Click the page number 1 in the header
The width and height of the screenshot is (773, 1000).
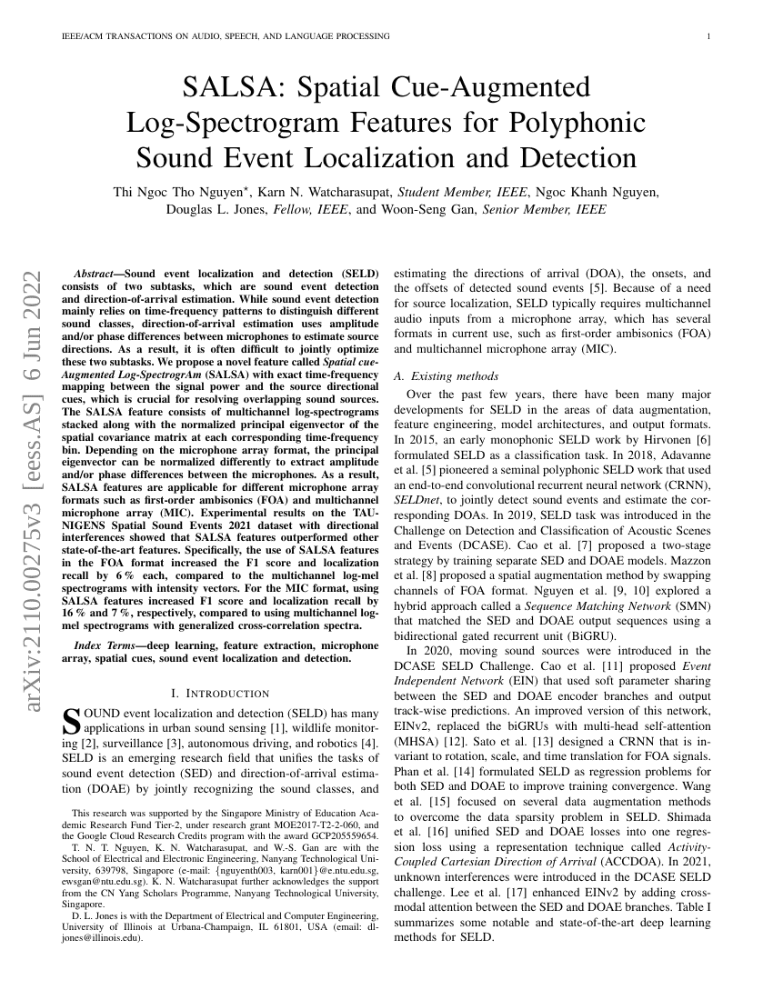pos(708,36)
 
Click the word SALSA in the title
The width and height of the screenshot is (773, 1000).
pos(234,87)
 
